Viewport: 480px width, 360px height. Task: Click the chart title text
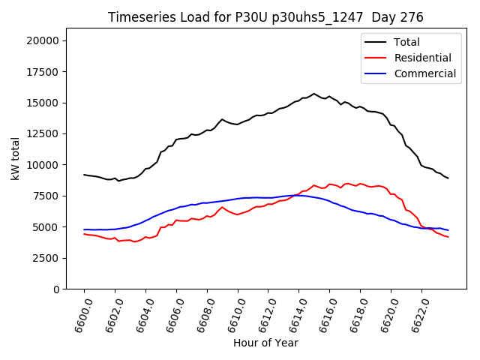tap(265, 17)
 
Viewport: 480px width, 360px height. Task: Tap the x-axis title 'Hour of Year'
tap(265, 343)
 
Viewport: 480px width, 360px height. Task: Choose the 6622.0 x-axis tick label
tap(417, 314)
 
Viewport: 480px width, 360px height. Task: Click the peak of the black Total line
tap(314, 94)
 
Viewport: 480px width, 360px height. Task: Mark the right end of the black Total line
tap(448, 178)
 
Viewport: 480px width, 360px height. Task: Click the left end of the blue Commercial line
tap(84, 229)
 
